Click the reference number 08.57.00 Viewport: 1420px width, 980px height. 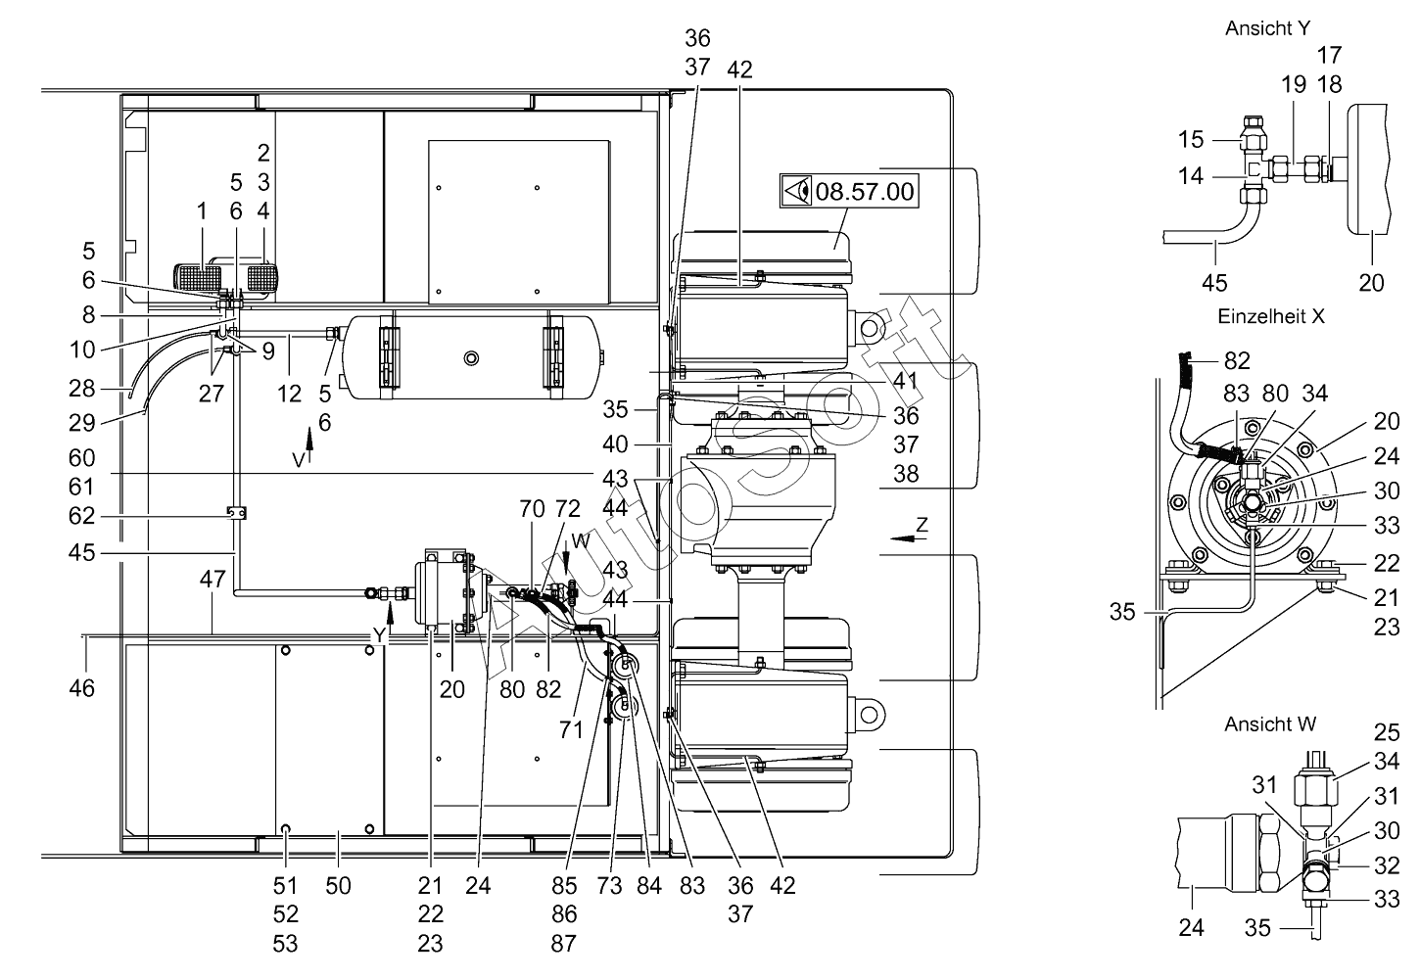(864, 192)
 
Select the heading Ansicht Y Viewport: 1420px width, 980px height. (1267, 27)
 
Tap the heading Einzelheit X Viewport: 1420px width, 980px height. (1271, 316)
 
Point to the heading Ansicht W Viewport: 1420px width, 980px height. (1270, 723)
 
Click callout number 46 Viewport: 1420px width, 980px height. (82, 688)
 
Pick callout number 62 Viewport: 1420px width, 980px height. (82, 515)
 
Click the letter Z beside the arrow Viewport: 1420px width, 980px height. (922, 524)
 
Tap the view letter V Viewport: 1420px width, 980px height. (299, 459)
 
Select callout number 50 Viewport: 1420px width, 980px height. (338, 886)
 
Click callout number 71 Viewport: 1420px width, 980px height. (571, 729)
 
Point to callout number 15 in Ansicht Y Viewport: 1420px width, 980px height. (1191, 139)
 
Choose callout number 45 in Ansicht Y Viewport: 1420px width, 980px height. (1214, 283)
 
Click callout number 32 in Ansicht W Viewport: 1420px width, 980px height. (1387, 864)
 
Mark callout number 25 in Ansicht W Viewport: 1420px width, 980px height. (1387, 732)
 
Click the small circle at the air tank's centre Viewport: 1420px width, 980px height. (471, 358)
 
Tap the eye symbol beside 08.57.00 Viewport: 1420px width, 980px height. (796, 192)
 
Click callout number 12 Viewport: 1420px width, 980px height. (289, 394)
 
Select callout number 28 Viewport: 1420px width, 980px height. (82, 388)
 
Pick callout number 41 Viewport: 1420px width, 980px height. (905, 380)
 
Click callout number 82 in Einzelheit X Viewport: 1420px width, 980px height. (1237, 360)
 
